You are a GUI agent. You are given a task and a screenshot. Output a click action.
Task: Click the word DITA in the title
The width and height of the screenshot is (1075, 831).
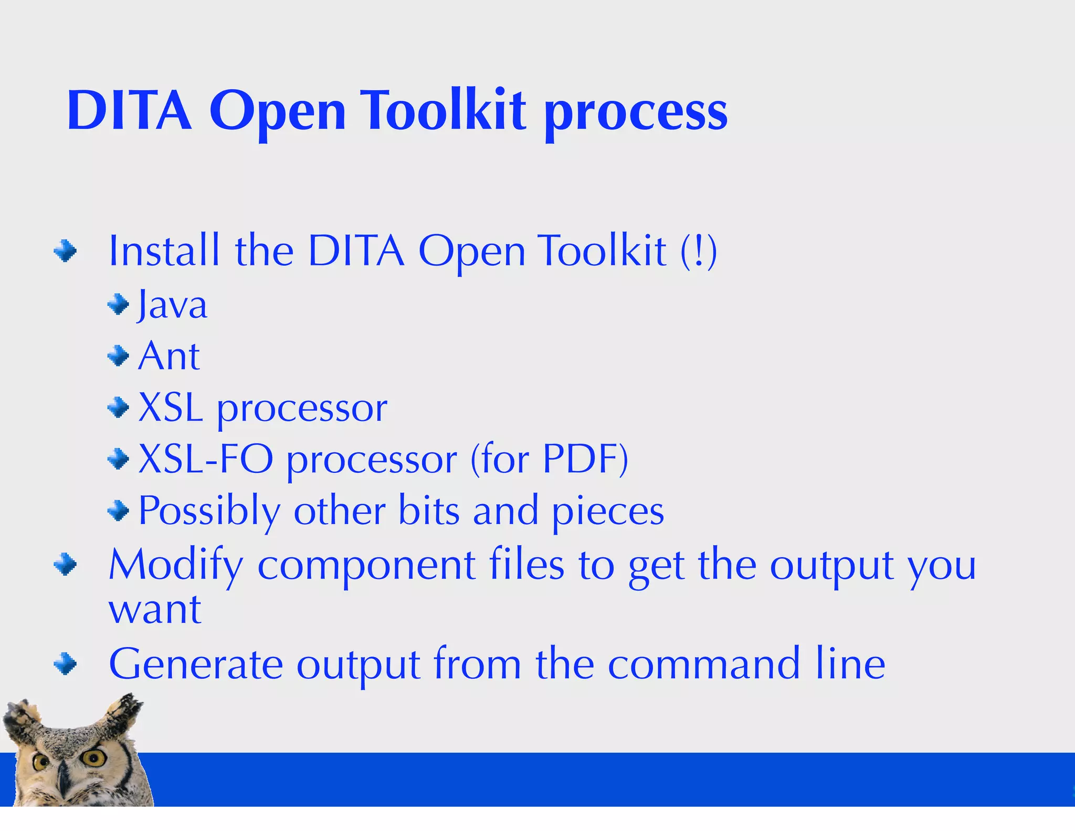pos(129,111)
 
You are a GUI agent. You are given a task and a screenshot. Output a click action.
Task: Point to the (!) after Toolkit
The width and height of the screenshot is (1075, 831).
pos(698,251)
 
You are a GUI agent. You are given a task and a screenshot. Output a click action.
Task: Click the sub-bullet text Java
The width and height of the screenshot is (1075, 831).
pos(172,305)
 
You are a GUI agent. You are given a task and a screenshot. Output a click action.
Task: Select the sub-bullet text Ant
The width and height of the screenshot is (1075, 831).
pos(169,356)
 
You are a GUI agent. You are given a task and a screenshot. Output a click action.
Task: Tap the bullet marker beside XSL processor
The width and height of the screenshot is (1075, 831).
pos(118,408)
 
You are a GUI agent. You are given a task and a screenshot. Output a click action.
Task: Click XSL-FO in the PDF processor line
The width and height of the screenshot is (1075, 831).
pos(206,459)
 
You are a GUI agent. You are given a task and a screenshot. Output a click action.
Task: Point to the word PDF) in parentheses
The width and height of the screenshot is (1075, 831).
pos(585,459)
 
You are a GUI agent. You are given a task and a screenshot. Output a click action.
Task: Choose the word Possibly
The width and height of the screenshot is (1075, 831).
pos(209,511)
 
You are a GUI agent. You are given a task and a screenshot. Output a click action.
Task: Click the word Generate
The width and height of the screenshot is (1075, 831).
pos(196,664)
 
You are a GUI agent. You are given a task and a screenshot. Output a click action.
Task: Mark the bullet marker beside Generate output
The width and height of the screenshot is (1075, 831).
pos(65,663)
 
